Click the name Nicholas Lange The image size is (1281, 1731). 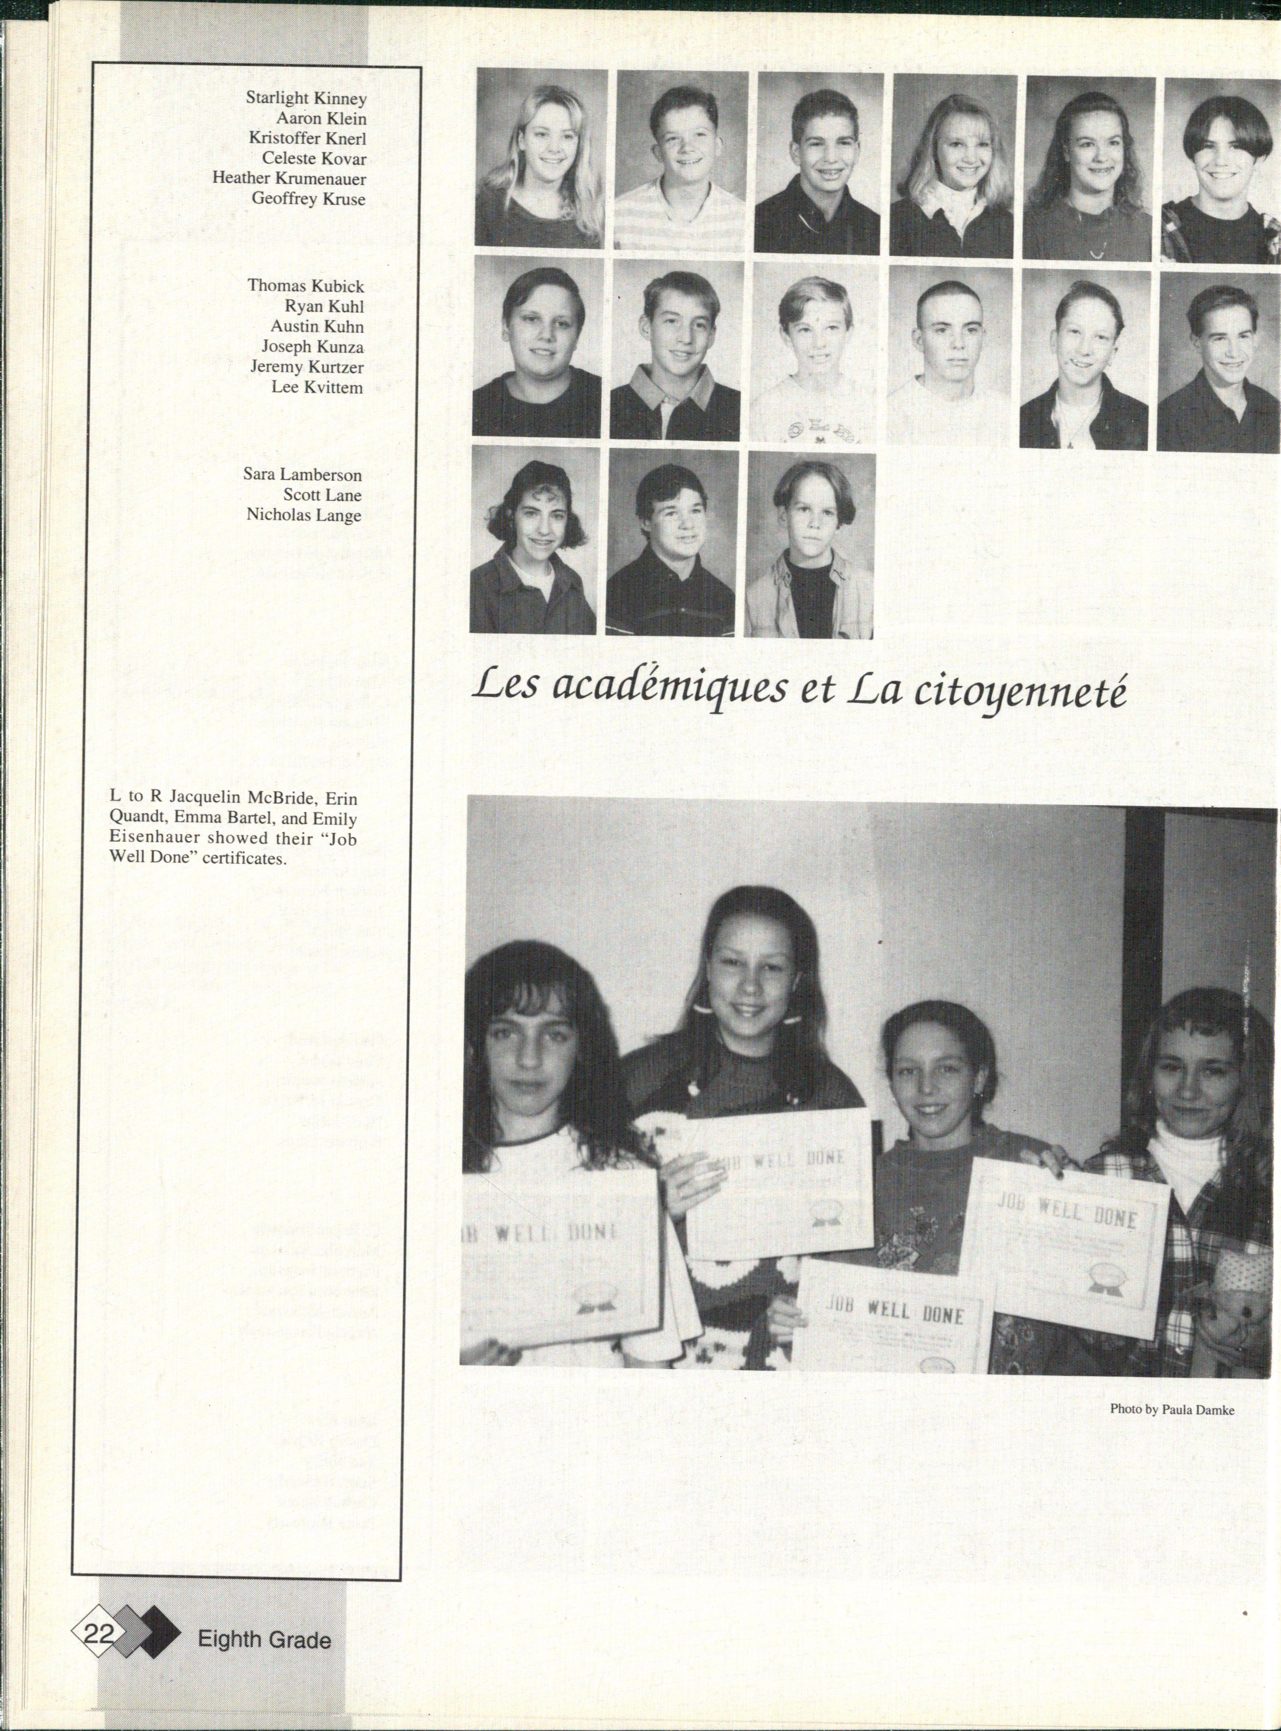304,515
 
